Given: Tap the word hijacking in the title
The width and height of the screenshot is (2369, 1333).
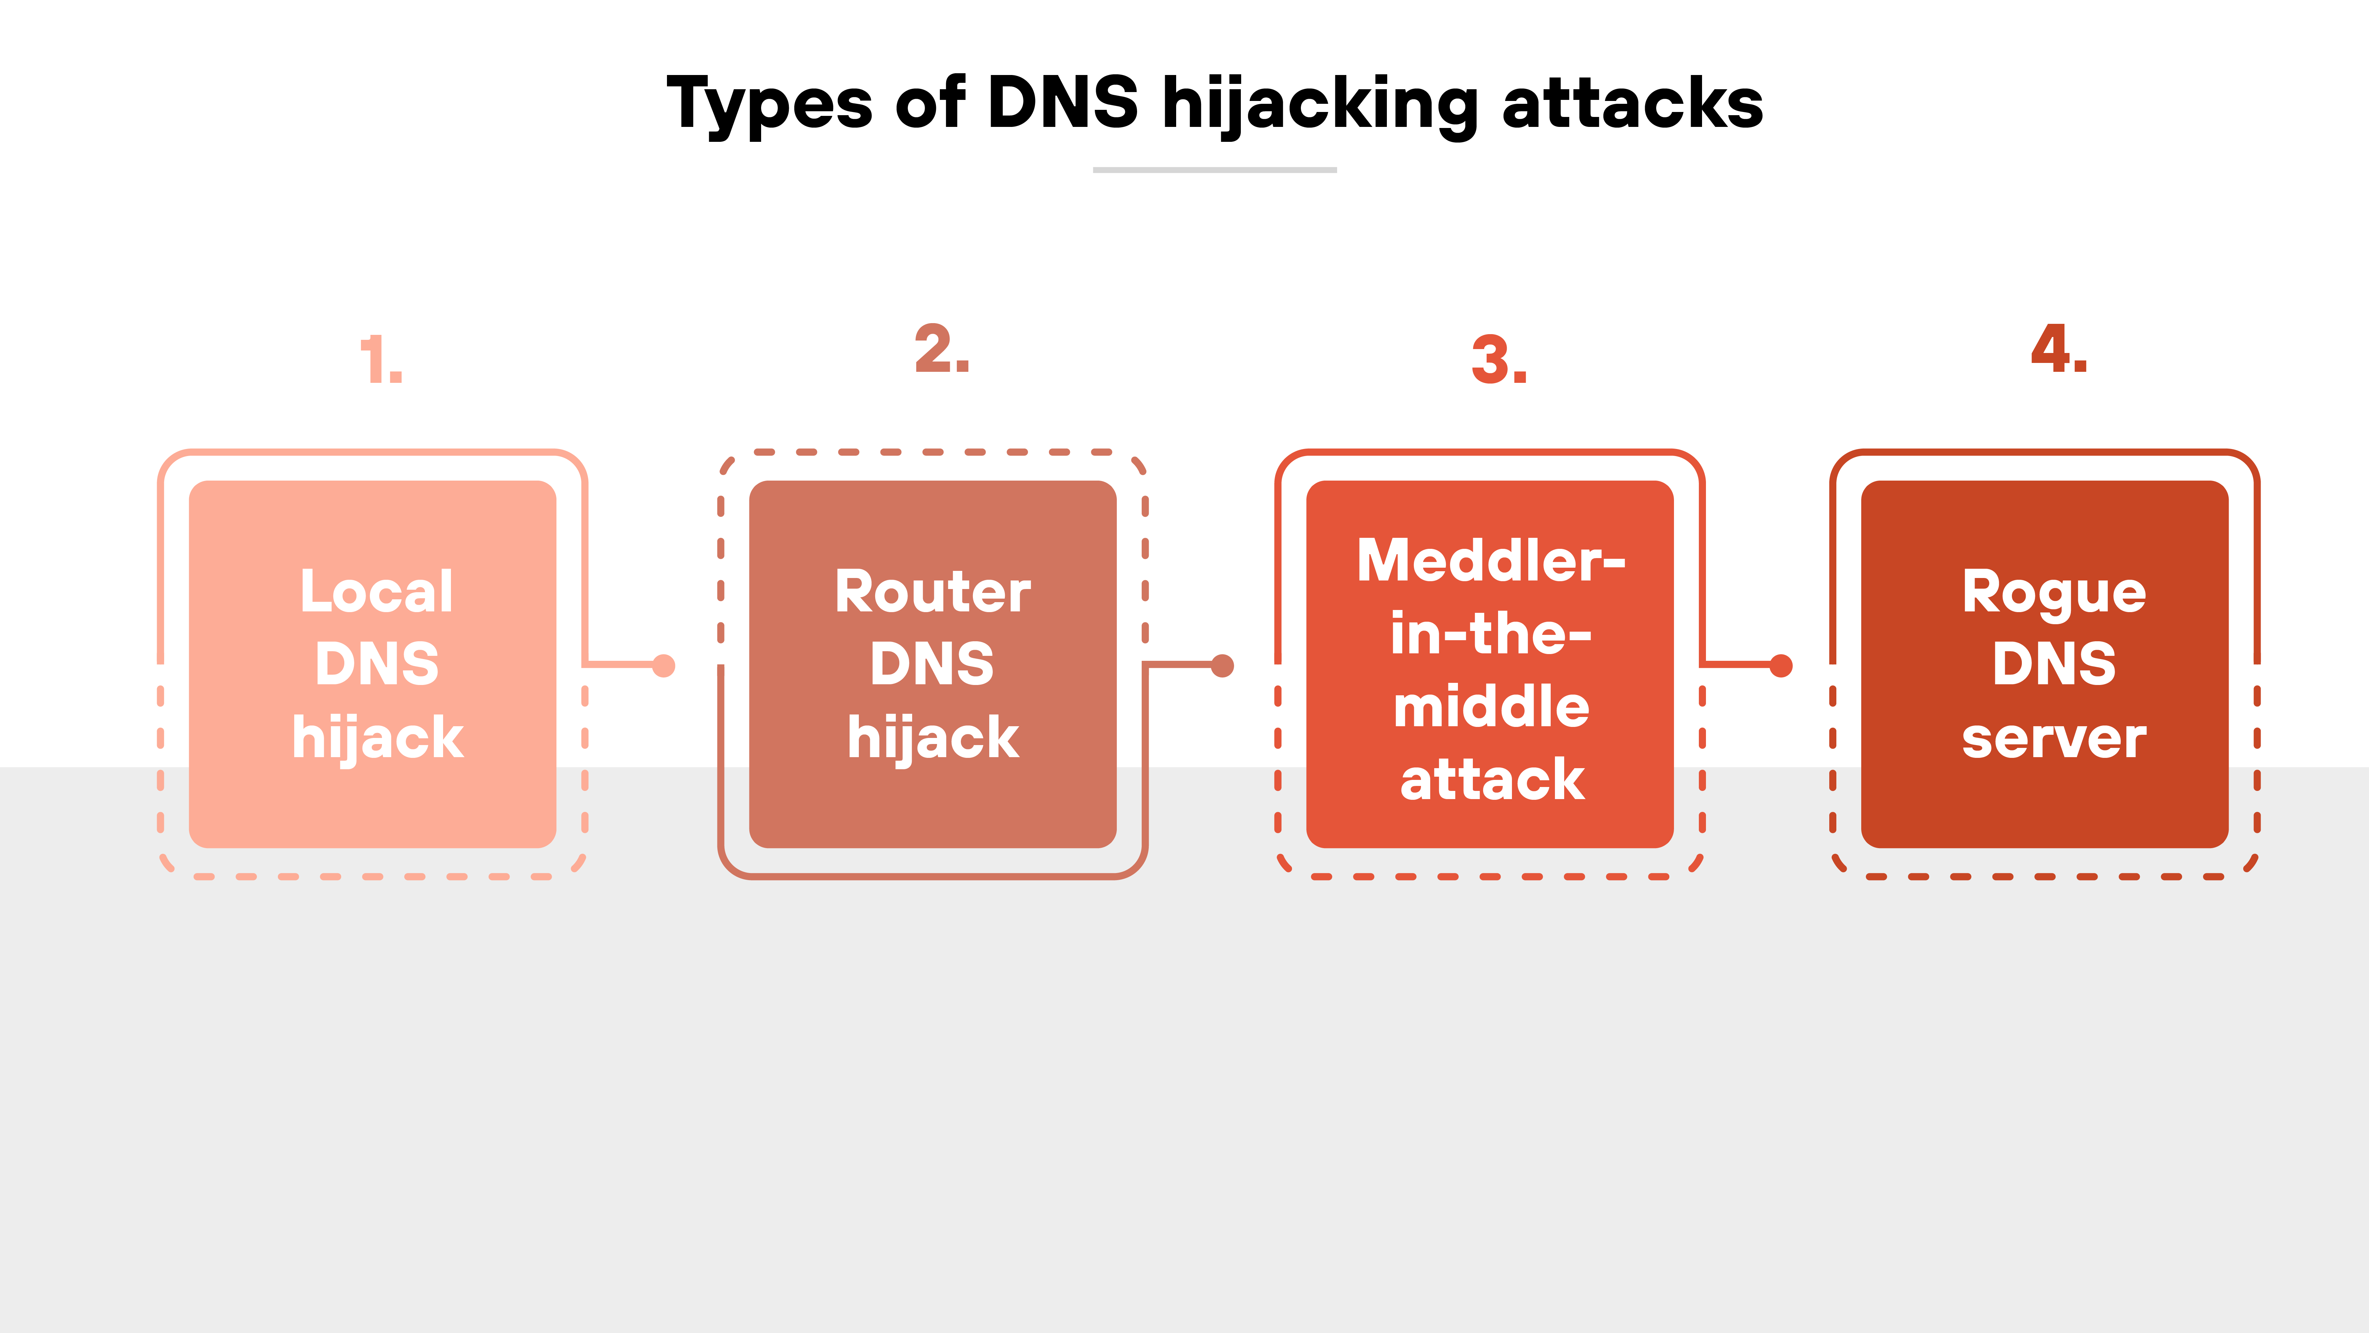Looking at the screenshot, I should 1320,103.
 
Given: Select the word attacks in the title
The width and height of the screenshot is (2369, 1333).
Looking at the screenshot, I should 1632,103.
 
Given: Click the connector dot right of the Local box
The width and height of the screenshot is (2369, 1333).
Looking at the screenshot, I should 663,665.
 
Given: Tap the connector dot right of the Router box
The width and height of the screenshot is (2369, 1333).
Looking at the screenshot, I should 1222,665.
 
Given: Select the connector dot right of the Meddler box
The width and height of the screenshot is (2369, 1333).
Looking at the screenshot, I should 1781,665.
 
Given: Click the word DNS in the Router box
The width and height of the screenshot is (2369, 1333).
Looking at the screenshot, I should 932,664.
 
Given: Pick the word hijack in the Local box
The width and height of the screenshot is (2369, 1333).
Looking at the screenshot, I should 377,738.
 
